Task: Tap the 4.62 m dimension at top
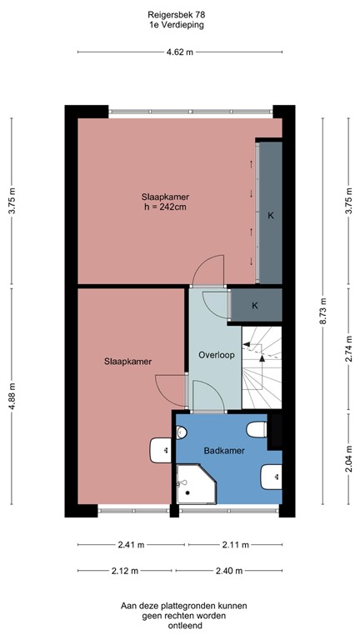[180, 52]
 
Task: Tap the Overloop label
[216, 354]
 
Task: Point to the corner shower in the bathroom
[193, 486]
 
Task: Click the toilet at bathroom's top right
[257, 430]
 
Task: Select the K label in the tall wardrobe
[270, 215]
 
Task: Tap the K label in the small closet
[255, 305]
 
